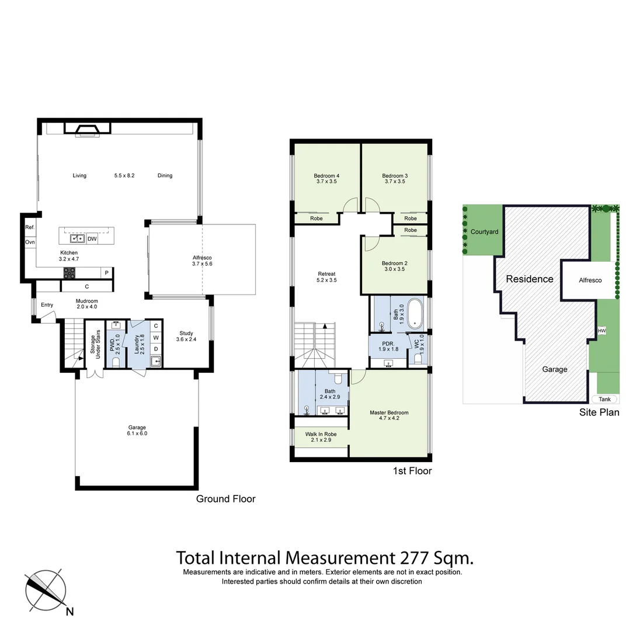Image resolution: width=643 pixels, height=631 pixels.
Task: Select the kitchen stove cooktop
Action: tap(69, 272)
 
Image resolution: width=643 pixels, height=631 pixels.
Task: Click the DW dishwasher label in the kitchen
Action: tap(92, 238)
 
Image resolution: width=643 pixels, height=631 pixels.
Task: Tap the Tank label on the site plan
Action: tap(604, 400)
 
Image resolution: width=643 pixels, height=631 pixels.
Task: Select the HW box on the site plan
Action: tap(602, 331)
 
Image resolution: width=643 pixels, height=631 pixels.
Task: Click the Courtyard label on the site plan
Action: tap(484, 232)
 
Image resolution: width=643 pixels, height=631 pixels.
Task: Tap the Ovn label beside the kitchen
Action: tap(30, 242)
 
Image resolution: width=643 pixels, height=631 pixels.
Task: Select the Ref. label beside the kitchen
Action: tap(30, 227)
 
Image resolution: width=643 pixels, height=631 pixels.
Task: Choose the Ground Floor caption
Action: tap(225, 499)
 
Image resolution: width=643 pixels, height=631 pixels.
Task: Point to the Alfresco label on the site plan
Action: tap(590, 280)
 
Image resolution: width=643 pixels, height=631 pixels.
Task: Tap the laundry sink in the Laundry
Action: tap(155, 361)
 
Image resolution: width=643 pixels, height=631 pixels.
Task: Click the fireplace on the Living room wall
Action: tap(86, 129)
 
